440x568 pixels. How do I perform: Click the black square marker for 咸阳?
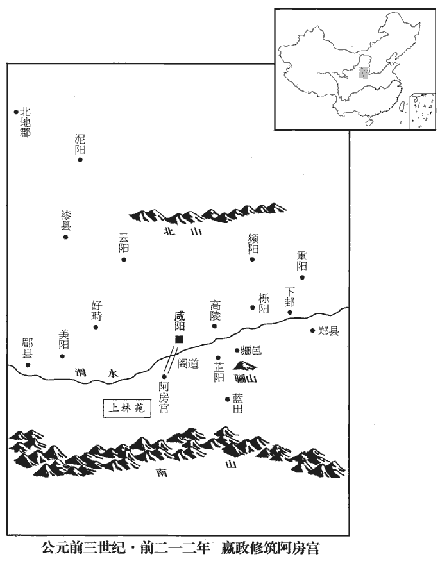179,339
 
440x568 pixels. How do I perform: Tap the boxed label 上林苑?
127,408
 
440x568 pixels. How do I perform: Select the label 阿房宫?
164,397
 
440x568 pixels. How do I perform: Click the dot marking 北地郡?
16,112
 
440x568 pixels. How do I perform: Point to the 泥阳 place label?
80,144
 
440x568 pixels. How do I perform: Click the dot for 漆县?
65,237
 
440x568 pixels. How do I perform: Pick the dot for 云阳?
124,260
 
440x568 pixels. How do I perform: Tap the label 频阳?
253,244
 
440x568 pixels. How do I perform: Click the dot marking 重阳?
302,278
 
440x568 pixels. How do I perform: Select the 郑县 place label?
328,331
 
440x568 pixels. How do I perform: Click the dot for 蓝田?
228,399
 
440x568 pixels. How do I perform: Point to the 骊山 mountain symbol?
246,365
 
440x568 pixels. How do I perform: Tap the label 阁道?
188,363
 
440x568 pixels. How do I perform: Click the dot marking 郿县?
28,365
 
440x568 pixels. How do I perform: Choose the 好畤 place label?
96,310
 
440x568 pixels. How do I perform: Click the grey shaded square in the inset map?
363,72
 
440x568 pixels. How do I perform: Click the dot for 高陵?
215,326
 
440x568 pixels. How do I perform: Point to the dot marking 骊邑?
237,350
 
